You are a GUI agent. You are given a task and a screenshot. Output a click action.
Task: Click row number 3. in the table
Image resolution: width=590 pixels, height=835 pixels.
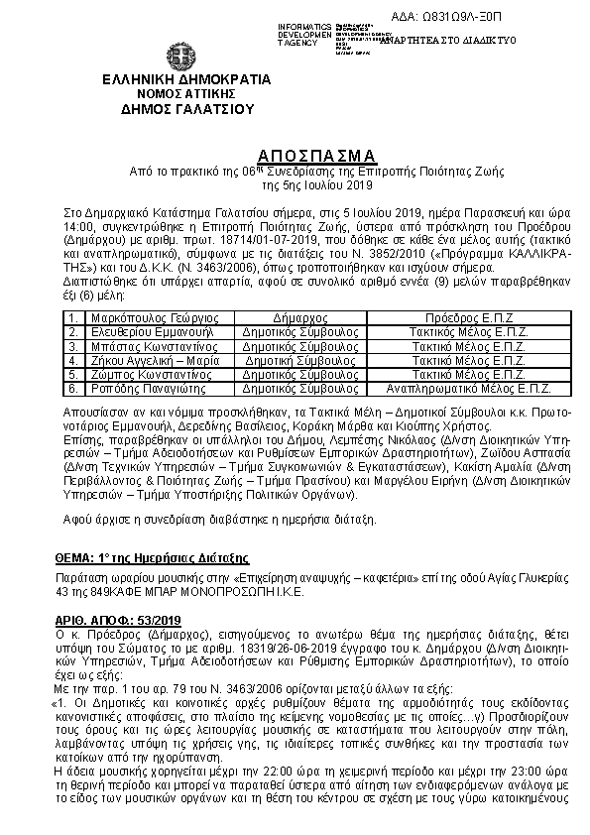[72, 348]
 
